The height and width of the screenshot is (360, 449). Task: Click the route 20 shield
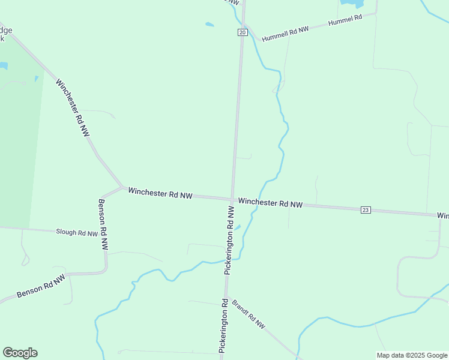pyautogui.click(x=241, y=32)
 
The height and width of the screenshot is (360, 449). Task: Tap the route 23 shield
pyautogui.click(x=366, y=209)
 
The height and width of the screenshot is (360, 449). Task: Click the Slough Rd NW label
pyautogui.click(x=77, y=232)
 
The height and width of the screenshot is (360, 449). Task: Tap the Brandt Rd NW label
pyautogui.click(x=249, y=313)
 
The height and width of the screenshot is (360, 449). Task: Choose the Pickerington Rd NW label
pyautogui.click(x=229, y=240)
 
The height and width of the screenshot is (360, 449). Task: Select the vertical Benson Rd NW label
pyautogui.click(x=103, y=224)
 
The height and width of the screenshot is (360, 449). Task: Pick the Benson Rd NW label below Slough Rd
pyautogui.click(x=41, y=286)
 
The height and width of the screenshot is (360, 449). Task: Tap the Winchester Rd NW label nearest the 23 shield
pyautogui.click(x=270, y=203)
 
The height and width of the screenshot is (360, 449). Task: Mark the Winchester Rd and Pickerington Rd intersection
pyautogui.click(x=233, y=199)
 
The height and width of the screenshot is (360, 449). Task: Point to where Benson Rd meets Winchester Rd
pyautogui.click(x=123, y=187)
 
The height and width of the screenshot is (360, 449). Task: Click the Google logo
pyautogui.click(x=20, y=353)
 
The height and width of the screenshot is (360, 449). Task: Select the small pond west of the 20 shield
pyautogui.click(x=209, y=25)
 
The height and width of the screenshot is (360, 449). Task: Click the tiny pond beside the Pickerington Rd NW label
pyautogui.click(x=238, y=227)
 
